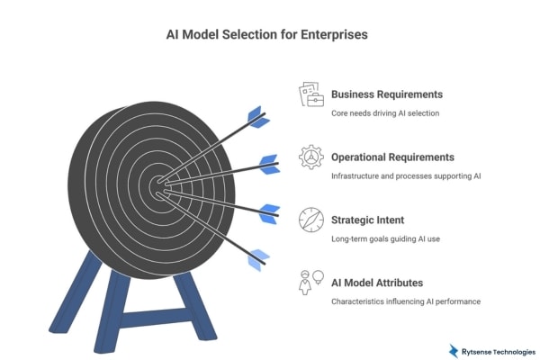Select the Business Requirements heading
(388, 94)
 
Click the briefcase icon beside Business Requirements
(310, 96)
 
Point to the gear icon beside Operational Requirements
(310, 157)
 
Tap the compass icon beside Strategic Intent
(310, 220)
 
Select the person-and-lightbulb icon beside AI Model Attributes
(310, 282)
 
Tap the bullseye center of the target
(158, 187)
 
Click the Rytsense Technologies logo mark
(454, 350)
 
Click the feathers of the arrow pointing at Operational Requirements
(267, 164)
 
